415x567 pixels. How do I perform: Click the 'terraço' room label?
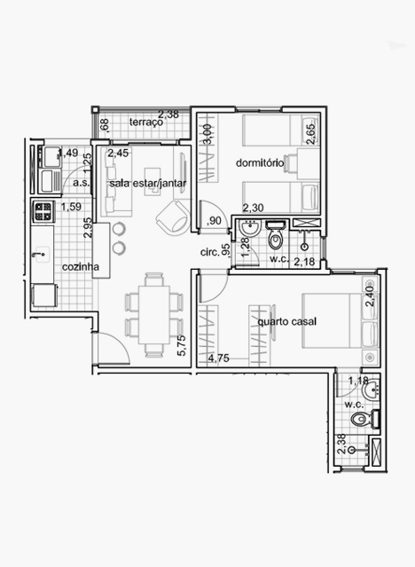(146, 122)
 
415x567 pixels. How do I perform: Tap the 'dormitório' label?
(260, 162)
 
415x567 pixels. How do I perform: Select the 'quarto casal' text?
(287, 321)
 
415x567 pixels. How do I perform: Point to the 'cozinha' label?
(81, 267)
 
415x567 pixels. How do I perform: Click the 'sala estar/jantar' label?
(148, 184)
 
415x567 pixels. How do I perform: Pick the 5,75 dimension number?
(182, 346)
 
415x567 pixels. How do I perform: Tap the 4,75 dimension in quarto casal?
(219, 358)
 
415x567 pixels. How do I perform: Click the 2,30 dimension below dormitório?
(253, 208)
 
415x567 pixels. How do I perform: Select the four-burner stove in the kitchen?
(43, 212)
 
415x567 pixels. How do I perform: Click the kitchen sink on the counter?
(42, 255)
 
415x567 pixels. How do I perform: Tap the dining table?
(154, 315)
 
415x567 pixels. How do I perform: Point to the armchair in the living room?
(173, 217)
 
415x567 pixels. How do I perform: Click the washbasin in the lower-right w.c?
(370, 390)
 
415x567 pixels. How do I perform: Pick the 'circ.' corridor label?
(210, 252)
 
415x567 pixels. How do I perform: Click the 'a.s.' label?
(82, 183)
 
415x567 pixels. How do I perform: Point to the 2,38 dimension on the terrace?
(168, 114)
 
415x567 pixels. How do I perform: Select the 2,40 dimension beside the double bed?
(370, 296)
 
